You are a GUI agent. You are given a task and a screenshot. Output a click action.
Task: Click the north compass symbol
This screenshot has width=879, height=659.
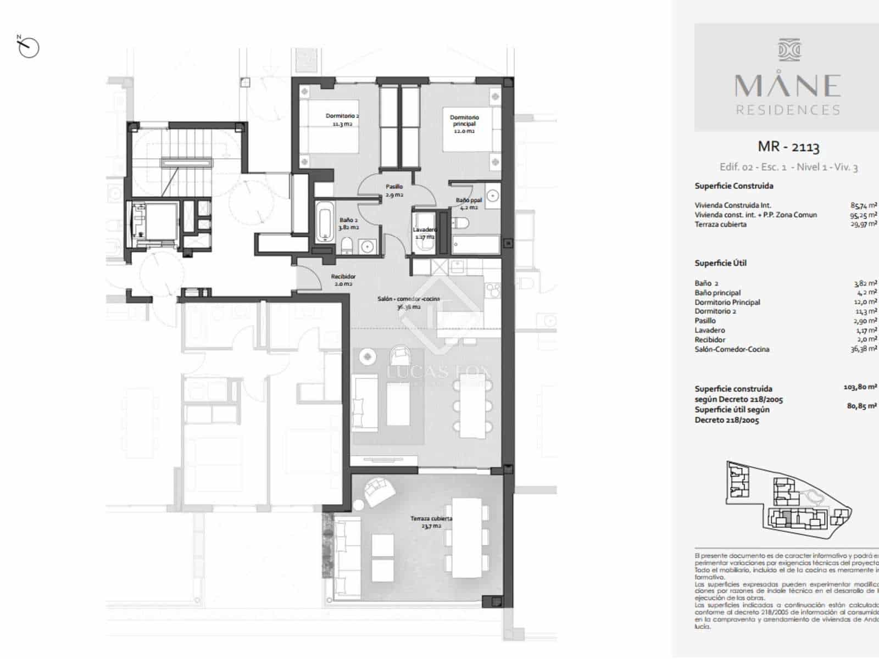[x=28, y=47]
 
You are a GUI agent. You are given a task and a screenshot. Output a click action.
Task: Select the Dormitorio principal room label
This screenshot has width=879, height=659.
[x=464, y=124]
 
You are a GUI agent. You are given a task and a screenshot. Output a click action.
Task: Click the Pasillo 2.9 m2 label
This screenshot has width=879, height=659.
[x=394, y=191]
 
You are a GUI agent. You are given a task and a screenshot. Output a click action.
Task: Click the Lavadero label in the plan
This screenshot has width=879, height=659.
[x=425, y=233]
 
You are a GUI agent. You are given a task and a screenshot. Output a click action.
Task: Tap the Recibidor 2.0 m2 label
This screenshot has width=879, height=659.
[x=343, y=280]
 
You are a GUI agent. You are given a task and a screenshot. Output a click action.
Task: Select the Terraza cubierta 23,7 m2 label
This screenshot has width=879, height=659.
[x=431, y=522]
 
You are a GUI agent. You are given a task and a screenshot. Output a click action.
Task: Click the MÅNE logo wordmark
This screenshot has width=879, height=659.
[x=788, y=86]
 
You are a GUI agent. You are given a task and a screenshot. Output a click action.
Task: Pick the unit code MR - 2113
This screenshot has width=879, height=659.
[x=788, y=147]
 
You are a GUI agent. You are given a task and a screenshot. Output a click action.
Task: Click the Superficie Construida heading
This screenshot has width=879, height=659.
[x=733, y=186]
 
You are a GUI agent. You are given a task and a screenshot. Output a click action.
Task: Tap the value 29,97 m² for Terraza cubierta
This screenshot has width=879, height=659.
[x=863, y=225]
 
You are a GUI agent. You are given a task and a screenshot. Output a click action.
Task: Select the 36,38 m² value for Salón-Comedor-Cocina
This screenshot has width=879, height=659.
[x=863, y=349]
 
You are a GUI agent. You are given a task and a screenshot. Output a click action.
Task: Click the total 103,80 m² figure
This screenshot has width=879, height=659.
[x=860, y=387]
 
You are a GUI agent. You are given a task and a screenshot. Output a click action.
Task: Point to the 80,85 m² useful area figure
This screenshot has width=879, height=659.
[x=861, y=406]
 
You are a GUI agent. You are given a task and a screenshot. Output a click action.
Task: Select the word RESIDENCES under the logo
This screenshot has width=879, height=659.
[x=788, y=110]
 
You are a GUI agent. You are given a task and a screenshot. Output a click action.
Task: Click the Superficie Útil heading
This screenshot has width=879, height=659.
[x=720, y=263]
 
